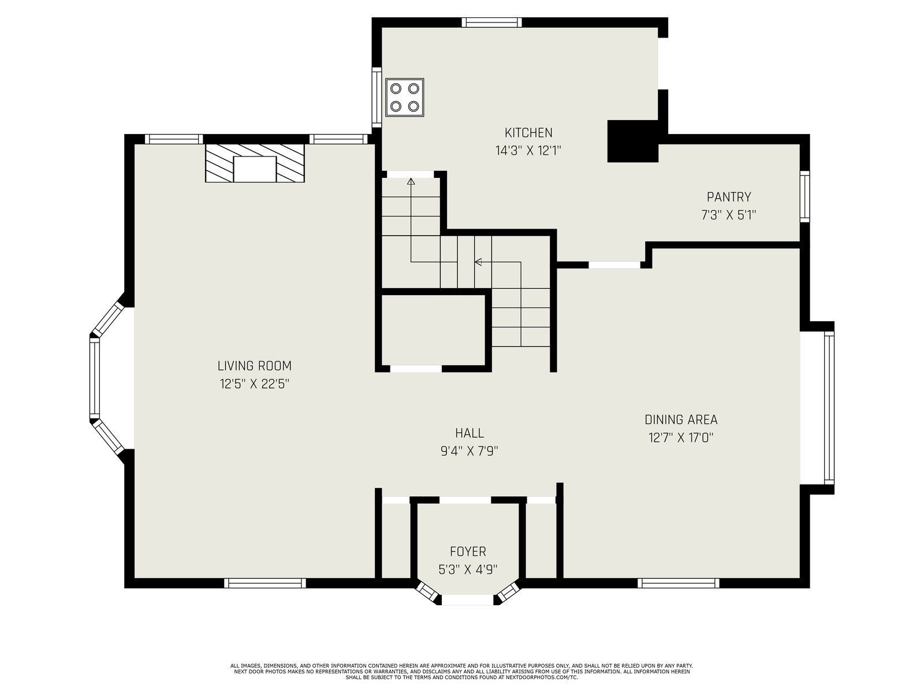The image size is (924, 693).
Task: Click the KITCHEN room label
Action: [x=528, y=133]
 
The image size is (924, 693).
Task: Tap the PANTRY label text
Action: [x=729, y=197]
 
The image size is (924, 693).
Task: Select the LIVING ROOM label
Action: [x=254, y=366]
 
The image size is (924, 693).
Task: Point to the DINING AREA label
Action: [x=681, y=419]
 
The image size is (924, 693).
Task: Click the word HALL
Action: [x=470, y=433]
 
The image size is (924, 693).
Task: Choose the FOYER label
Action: [x=468, y=551]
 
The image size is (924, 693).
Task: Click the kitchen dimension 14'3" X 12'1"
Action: [x=528, y=151]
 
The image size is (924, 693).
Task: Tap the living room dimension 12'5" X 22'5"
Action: [x=254, y=383]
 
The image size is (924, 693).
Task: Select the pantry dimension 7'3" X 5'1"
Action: [x=728, y=215]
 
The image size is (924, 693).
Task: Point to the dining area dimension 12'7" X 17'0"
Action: [x=681, y=438]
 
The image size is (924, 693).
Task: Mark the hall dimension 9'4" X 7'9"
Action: [x=470, y=451]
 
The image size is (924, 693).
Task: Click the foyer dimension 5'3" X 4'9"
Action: [x=468, y=569]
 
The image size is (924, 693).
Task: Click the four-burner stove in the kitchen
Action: [x=405, y=97]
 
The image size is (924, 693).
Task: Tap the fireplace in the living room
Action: [x=255, y=163]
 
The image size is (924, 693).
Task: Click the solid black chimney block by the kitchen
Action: [x=632, y=141]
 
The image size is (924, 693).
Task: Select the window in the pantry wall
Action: [x=804, y=196]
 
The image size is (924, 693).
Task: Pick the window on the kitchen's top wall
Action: [x=491, y=23]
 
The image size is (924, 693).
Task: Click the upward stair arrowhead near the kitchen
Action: [x=411, y=181]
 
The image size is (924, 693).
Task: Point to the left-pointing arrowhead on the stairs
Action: [x=478, y=262]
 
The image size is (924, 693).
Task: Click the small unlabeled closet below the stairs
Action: [x=434, y=329]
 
